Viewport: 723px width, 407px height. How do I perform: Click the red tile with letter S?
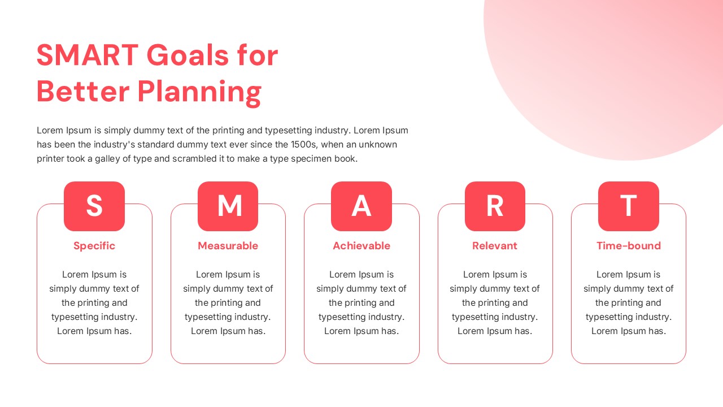(94, 206)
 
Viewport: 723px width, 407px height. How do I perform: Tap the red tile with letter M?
(228, 206)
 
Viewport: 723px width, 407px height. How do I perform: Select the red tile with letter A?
(361, 206)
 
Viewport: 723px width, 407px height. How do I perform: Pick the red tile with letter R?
(495, 206)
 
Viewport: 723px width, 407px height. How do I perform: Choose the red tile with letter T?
(629, 206)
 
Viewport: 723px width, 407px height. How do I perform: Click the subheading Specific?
(94, 246)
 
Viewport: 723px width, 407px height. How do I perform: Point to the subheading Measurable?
(228, 246)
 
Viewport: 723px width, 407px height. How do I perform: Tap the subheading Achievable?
(361, 246)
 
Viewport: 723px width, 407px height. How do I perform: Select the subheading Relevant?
(495, 246)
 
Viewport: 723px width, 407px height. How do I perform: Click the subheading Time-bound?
(629, 246)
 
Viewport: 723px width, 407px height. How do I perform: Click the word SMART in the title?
(88, 55)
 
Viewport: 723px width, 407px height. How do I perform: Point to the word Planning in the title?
(199, 93)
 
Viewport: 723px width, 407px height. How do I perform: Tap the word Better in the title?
(83, 92)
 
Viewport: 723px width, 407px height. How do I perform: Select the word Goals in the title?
(188, 55)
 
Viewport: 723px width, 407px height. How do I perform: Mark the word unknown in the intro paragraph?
(378, 144)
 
